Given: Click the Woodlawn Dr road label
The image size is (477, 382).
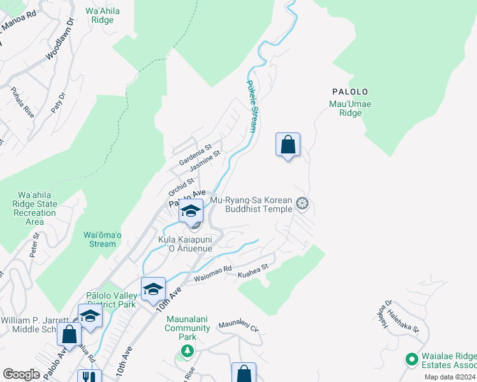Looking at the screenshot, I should pyautogui.click(x=60, y=40).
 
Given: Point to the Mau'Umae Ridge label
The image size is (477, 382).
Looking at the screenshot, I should pyautogui.click(x=346, y=108).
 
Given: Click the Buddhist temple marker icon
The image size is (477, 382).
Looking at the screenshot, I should pyautogui.click(x=302, y=204).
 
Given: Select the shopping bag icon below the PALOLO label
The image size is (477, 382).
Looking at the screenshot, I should pyautogui.click(x=288, y=145).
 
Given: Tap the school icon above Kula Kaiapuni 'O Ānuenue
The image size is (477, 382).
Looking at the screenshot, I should pyautogui.click(x=191, y=211).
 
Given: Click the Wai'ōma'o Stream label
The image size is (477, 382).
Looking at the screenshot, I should pyautogui.click(x=99, y=239).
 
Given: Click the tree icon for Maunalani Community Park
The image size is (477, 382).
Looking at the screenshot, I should pyautogui.click(x=187, y=351).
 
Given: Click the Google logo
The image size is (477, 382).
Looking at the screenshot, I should pyautogui.click(x=22, y=374).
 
